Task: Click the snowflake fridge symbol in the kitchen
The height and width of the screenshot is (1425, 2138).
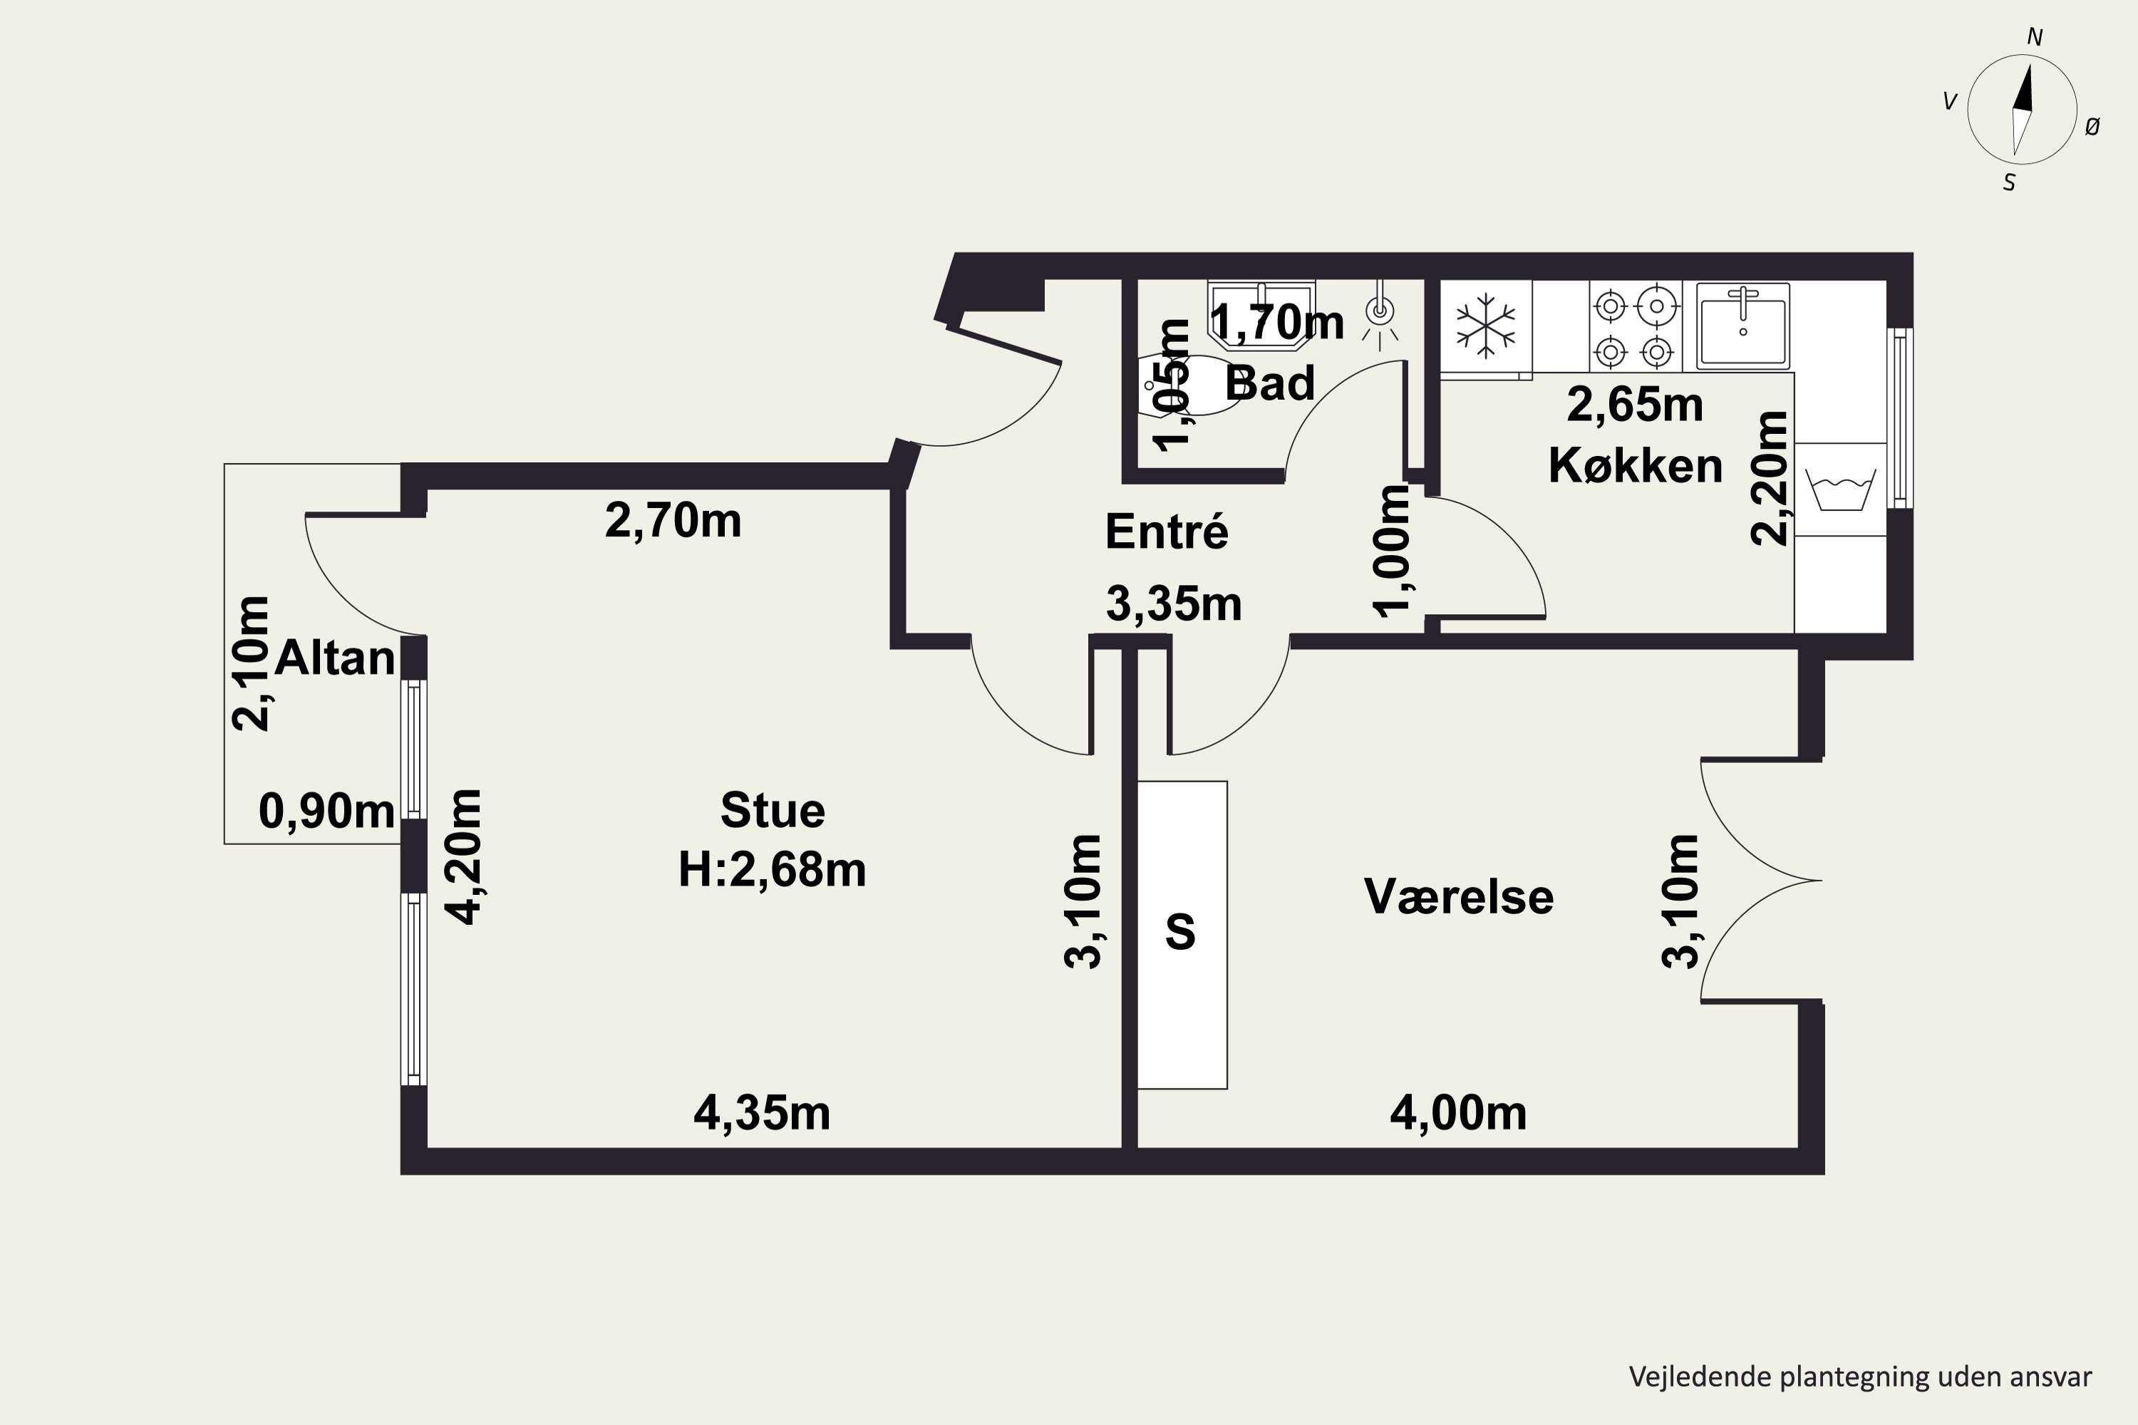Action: click(1485, 324)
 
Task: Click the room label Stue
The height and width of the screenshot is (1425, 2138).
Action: click(773, 811)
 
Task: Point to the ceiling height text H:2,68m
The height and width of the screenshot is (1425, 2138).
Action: click(772, 870)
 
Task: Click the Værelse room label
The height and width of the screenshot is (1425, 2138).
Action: click(1459, 896)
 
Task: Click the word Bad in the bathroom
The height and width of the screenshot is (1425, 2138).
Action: click(1269, 383)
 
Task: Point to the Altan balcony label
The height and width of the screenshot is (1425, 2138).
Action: click(334, 657)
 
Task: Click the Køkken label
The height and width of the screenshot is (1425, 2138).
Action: click(1636, 465)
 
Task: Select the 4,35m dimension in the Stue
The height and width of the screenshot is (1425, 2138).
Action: click(762, 1113)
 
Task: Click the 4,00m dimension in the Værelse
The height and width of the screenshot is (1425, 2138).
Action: click(1458, 1113)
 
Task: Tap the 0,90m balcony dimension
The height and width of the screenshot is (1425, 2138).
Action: click(326, 811)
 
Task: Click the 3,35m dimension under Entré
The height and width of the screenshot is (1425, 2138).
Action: click(1174, 604)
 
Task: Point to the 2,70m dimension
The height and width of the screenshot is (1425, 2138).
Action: click(673, 522)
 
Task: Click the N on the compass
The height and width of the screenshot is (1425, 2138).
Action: click(2035, 37)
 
